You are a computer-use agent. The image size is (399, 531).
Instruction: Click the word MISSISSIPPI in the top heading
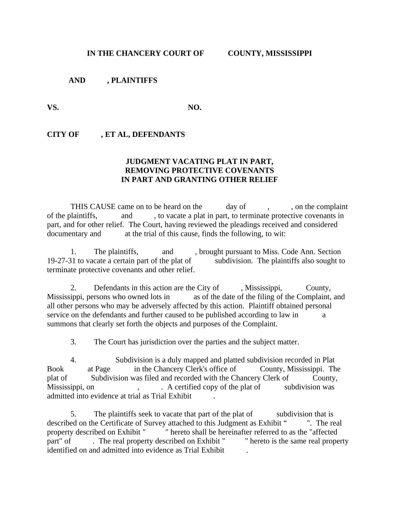pos(289,53)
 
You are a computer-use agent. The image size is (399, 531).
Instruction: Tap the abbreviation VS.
pos(53,107)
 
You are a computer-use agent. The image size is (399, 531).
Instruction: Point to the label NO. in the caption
pos(194,107)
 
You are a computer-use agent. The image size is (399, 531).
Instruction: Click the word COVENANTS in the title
pos(247,171)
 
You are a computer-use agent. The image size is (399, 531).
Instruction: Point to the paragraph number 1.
pos(74,251)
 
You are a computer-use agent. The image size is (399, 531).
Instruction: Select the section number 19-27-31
pos(62,261)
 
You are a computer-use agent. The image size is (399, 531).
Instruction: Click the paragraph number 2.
pos(74,288)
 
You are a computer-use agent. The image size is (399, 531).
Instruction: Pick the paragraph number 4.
pos(74,360)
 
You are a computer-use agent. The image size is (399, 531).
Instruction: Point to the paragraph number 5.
pos(74,414)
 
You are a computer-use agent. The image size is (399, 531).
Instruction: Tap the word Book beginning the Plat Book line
pos(55,369)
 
